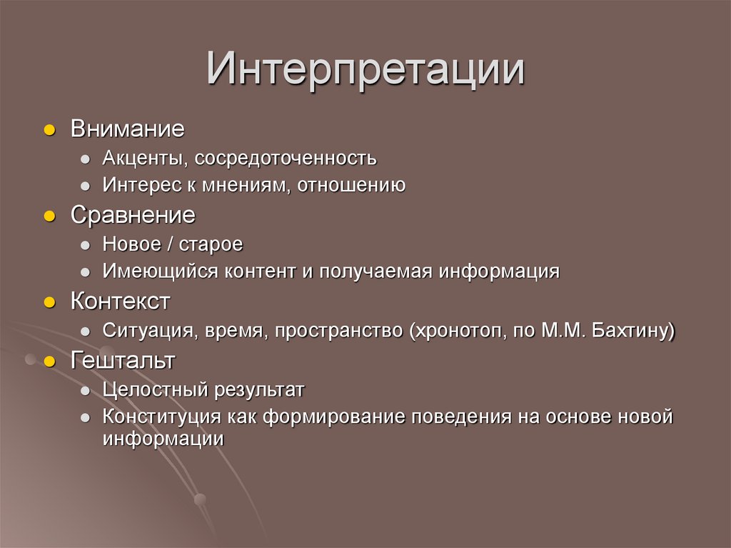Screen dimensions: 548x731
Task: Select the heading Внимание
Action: pyautogui.click(x=127, y=129)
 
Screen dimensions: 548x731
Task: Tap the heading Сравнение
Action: pyautogui.click(x=132, y=215)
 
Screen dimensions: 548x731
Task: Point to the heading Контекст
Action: pyautogui.click(x=120, y=302)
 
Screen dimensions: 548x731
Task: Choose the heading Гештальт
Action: pyautogui.click(x=122, y=361)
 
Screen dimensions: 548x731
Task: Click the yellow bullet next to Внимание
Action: pyautogui.click(x=49, y=131)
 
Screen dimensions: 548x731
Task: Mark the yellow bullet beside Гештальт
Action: pyautogui.click(x=49, y=362)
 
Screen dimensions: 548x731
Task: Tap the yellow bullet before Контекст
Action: pyautogui.click(x=49, y=303)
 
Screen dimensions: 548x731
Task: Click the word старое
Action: pyautogui.click(x=211, y=244)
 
